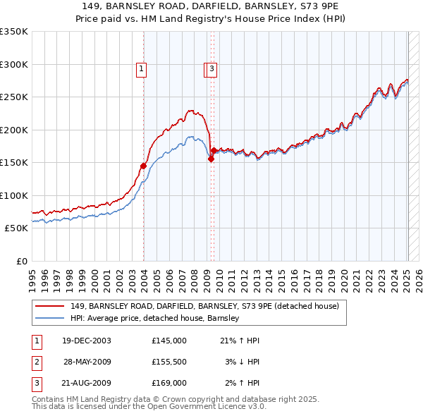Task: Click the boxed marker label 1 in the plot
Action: (x=142, y=69)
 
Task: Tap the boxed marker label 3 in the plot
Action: (x=211, y=69)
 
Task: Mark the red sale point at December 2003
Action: (x=143, y=166)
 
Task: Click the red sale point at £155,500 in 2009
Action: (x=211, y=159)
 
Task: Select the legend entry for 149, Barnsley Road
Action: (x=204, y=306)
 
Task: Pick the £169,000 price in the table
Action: (x=169, y=383)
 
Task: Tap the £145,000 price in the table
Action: (x=169, y=341)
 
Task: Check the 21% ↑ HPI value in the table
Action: (x=240, y=341)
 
